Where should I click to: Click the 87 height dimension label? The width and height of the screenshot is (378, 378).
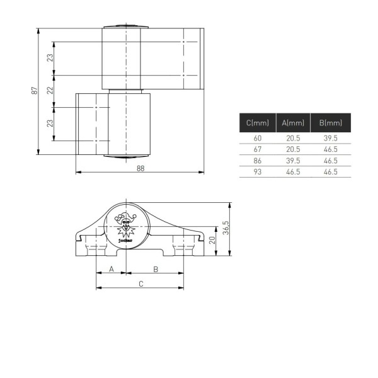(35, 91)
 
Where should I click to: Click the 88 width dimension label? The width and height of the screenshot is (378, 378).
(140, 168)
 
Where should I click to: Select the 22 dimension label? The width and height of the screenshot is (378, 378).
(50, 90)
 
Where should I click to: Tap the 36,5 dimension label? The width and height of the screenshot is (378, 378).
(226, 227)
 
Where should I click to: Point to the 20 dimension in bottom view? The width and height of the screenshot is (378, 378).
(212, 240)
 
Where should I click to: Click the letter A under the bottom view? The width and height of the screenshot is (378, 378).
(112, 269)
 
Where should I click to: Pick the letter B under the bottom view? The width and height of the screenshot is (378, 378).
(156, 269)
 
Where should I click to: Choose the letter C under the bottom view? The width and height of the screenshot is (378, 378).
(141, 284)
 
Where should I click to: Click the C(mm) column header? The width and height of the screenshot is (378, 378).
(258, 123)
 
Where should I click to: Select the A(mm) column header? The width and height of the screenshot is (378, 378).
(293, 123)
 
